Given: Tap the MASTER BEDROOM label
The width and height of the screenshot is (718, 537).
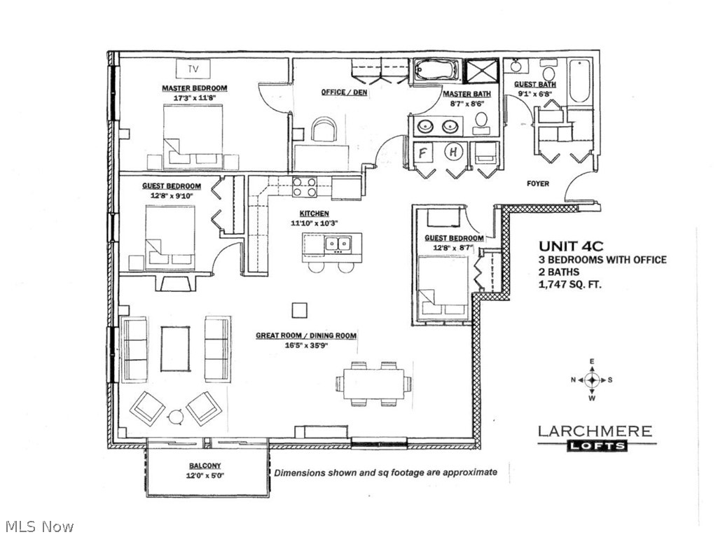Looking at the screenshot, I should (194, 88).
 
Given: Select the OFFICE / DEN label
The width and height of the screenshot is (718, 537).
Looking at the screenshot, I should (345, 92).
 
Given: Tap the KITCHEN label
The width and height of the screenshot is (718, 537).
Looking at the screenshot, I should (314, 214).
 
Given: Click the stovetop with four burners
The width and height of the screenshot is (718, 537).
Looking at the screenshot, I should (304, 187).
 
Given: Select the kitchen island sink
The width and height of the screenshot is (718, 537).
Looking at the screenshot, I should (338, 244).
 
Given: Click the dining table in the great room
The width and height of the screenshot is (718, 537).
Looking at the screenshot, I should (373, 384).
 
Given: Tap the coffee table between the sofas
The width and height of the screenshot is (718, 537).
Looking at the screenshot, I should (175, 349).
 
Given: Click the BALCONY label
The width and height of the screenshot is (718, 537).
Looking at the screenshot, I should (205, 466).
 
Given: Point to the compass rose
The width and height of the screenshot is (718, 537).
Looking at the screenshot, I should (592, 380).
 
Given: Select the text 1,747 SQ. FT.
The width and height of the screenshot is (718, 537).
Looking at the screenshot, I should (569, 285).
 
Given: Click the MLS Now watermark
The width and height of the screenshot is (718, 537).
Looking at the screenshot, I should (39, 526).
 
